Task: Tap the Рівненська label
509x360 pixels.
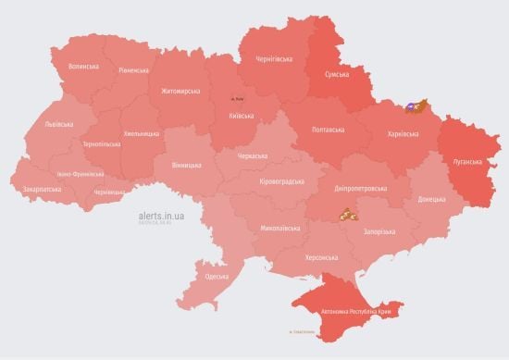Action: pyautogui.click(x=134, y=70)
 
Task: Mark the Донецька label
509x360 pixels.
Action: pyautogui.click(x=431, y=199)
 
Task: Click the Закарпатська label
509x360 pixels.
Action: pyautogui.click(x=43, y=189)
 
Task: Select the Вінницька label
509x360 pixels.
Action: pyautogui.click(x=186, y=166)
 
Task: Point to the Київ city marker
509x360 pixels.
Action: pyautogui.click(x=239, y=98)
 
